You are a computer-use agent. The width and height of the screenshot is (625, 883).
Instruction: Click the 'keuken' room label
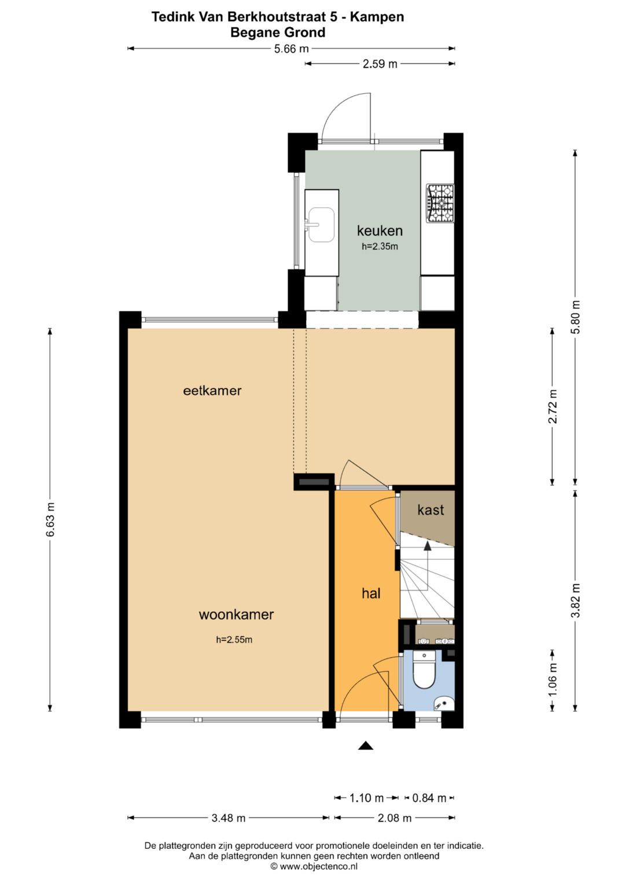click(x=380, y=231)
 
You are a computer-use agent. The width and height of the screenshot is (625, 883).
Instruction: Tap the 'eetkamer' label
click(x=212, y=391)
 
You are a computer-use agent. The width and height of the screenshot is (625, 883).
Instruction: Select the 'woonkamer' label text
click(x=236, y=615)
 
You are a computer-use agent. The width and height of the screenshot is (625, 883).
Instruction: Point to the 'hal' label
click(x=371, y=593)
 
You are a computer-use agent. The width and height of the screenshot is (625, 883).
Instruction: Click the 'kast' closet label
click(x=431, y=510)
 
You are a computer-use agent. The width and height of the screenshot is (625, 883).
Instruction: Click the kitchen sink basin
click(x=321, y=225)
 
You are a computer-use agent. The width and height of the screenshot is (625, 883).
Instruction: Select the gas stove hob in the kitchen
click(x=440, y=204)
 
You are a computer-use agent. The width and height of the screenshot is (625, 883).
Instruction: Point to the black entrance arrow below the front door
click(x=365, y=745)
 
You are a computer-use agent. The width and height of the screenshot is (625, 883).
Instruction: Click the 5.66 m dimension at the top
click(x=291, y=49)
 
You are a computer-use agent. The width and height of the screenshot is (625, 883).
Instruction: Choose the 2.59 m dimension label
click(x=380, y=64)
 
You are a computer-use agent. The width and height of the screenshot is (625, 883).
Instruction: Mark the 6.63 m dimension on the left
click(x=50, y=519)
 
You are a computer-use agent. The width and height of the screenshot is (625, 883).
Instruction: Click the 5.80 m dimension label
click(x=575, y=317)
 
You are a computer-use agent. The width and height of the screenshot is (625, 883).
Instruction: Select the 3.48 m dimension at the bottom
click(x=228, y=818)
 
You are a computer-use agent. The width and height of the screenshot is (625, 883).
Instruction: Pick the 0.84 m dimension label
click(x=429, y=798)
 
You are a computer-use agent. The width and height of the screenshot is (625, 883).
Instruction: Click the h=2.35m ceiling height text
click(x=380, y=246)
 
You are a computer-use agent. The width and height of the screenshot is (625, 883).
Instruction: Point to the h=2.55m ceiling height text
click(x=234, y=640)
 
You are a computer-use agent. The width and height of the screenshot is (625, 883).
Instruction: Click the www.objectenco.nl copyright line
click(x=314, y=866)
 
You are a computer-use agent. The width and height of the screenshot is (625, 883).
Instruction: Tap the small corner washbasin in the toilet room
click(x=443, y=704)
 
